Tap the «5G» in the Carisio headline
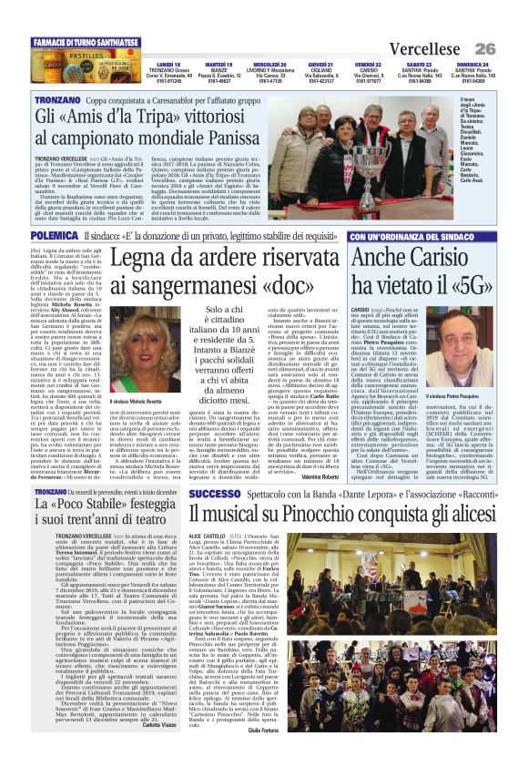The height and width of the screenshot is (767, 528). (460, 285)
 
